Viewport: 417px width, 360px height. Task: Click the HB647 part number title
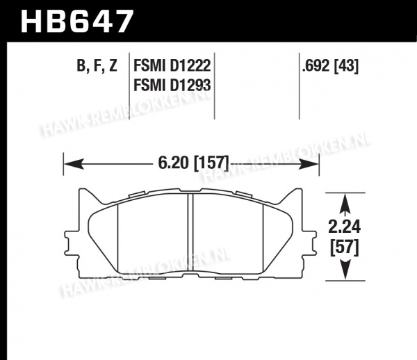[76, 22]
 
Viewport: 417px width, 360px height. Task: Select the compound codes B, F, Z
[97, 65]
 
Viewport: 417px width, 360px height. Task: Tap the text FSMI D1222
[172, 65]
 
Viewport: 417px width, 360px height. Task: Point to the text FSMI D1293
[172, 85]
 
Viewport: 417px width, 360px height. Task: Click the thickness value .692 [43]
[330, 65]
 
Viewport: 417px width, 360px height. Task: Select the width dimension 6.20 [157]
[193, 163]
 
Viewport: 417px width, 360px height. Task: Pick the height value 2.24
[345, 227]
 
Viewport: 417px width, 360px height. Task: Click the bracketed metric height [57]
[345, 248]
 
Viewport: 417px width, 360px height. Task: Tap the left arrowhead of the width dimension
[74, 164]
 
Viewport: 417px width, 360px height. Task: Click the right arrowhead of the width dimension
[309, 164]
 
